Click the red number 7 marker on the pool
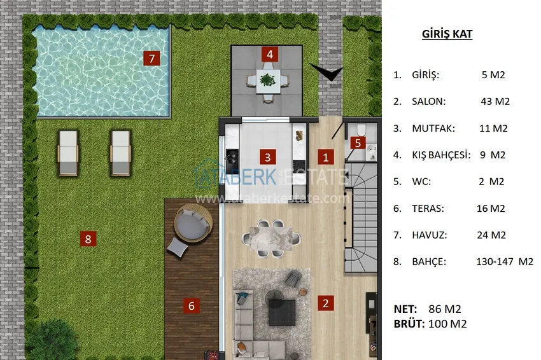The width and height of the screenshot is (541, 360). pyautogui.click(x=151, y=59)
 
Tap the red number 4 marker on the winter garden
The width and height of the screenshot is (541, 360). pyautogui.click(x=270, y=54)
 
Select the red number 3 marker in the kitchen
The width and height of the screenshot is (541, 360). pyautogui.click(x=268, y=157)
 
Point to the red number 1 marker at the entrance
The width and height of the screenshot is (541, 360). pyautogui.click(x=325, y=157)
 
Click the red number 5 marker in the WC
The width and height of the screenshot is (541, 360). pyautogui.click(x=358, y=142)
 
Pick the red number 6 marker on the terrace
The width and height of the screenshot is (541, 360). pyautogui.click(x=192, y=305)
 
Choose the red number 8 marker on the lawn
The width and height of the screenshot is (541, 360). pyautogui.click(x=88, y=239)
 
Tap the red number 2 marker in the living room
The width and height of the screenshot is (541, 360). pyautogui.click(x=325, y=303)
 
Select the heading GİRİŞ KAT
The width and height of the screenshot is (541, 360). pyautogui.click(x=447, y=34)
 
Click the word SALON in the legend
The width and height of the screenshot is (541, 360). pyautogui.click(x=428, y=101)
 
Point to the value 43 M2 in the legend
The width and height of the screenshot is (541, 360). pyautogui.click(x=495, y=101)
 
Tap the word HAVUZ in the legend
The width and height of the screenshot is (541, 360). pyautogui.click(x=429, y=235)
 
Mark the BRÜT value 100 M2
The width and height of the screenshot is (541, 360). pyautogui.click(x=447, y=324)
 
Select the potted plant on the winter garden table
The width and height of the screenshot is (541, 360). pyautogui.click(x=267, y=80)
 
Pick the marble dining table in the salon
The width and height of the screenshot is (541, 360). pyautogui.click(x=271, y=238)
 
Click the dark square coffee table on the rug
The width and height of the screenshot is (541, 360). pyautogui.click(x=282, y=313)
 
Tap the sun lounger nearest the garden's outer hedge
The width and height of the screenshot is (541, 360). pyautogui.click(x=67, y=153)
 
